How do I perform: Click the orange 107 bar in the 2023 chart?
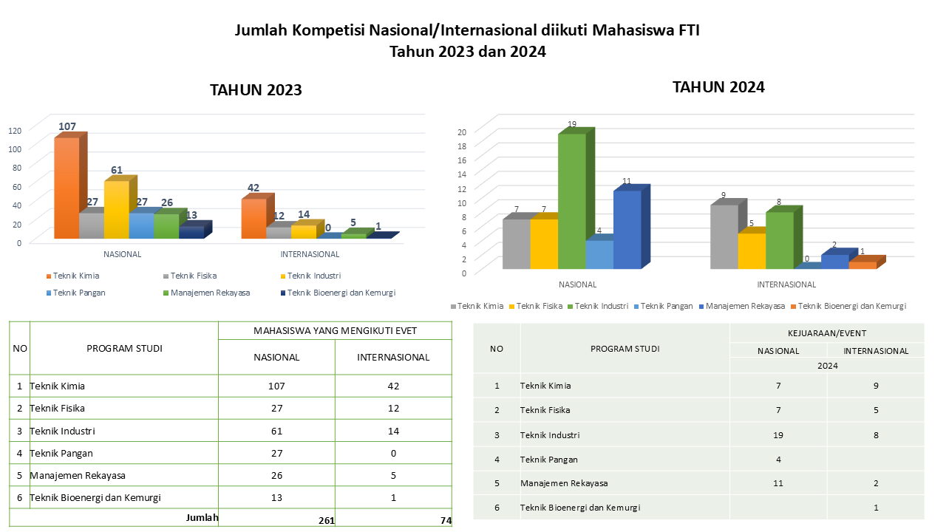click(x=67, y=188)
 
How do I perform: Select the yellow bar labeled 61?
click(x=117, y=210)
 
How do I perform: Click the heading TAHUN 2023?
click(x=256, y=90)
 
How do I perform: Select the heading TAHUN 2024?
click(x=718, y=86)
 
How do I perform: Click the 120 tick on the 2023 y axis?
click(x=16, y=130)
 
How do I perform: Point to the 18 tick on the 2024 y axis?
click(x=461, y=146)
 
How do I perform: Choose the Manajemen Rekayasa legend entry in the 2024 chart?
click(x=739, y=306)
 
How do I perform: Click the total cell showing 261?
click(x=326, y=521)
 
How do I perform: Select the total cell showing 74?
click(x=446, y=521)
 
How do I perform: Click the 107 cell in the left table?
click(x=277, y=386)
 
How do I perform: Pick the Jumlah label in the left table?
click(x=202, y=518)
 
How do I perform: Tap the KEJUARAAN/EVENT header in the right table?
click(x=826, y=333)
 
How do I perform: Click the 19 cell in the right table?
click(x=777, y=435)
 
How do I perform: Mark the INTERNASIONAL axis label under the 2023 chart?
click(x=310, y=254)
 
